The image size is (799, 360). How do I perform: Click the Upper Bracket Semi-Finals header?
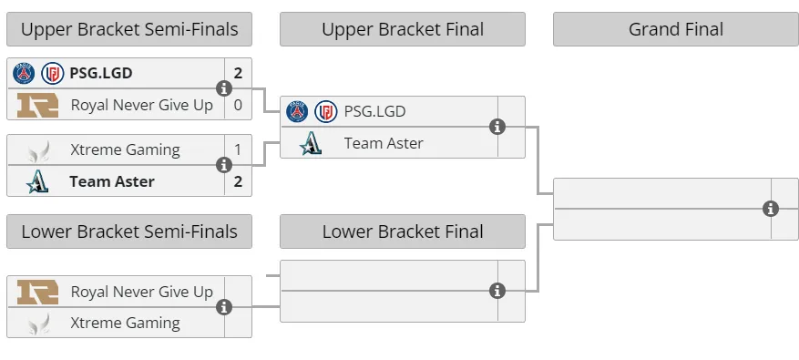click(129, 29)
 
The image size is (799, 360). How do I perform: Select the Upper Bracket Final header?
click(403, 29)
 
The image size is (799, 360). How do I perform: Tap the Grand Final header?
click(676, 29)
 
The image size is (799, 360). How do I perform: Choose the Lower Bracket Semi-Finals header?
click(129, 231)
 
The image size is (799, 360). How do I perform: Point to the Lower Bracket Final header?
click(403, 231)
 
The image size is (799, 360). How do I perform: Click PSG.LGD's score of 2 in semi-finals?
click(238, 73)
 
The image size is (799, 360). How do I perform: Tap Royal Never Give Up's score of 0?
click(238, 105)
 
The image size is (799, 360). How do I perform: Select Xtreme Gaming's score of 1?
click(238, 149)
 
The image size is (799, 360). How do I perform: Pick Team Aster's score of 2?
click(238, 181)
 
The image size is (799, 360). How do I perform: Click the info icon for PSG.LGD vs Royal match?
click(224, 88)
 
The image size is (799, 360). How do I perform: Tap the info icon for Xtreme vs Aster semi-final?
click(224, 165)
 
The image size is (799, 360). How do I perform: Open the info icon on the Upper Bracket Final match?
click(497, 127)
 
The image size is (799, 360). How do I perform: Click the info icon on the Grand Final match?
click(771, 209)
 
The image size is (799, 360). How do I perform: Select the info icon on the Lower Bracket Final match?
click(497, 291)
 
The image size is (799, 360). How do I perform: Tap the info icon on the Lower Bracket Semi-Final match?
click(224, 307)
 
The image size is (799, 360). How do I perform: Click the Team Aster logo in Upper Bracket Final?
click(311, 143)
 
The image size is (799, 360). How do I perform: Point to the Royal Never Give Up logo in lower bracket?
click(37, 292)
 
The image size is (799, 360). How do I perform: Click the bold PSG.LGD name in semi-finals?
click(101, 73)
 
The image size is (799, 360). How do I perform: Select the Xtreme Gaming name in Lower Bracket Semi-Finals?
click(126, 323)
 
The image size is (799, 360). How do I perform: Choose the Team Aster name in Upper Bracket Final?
click(384, 143)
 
